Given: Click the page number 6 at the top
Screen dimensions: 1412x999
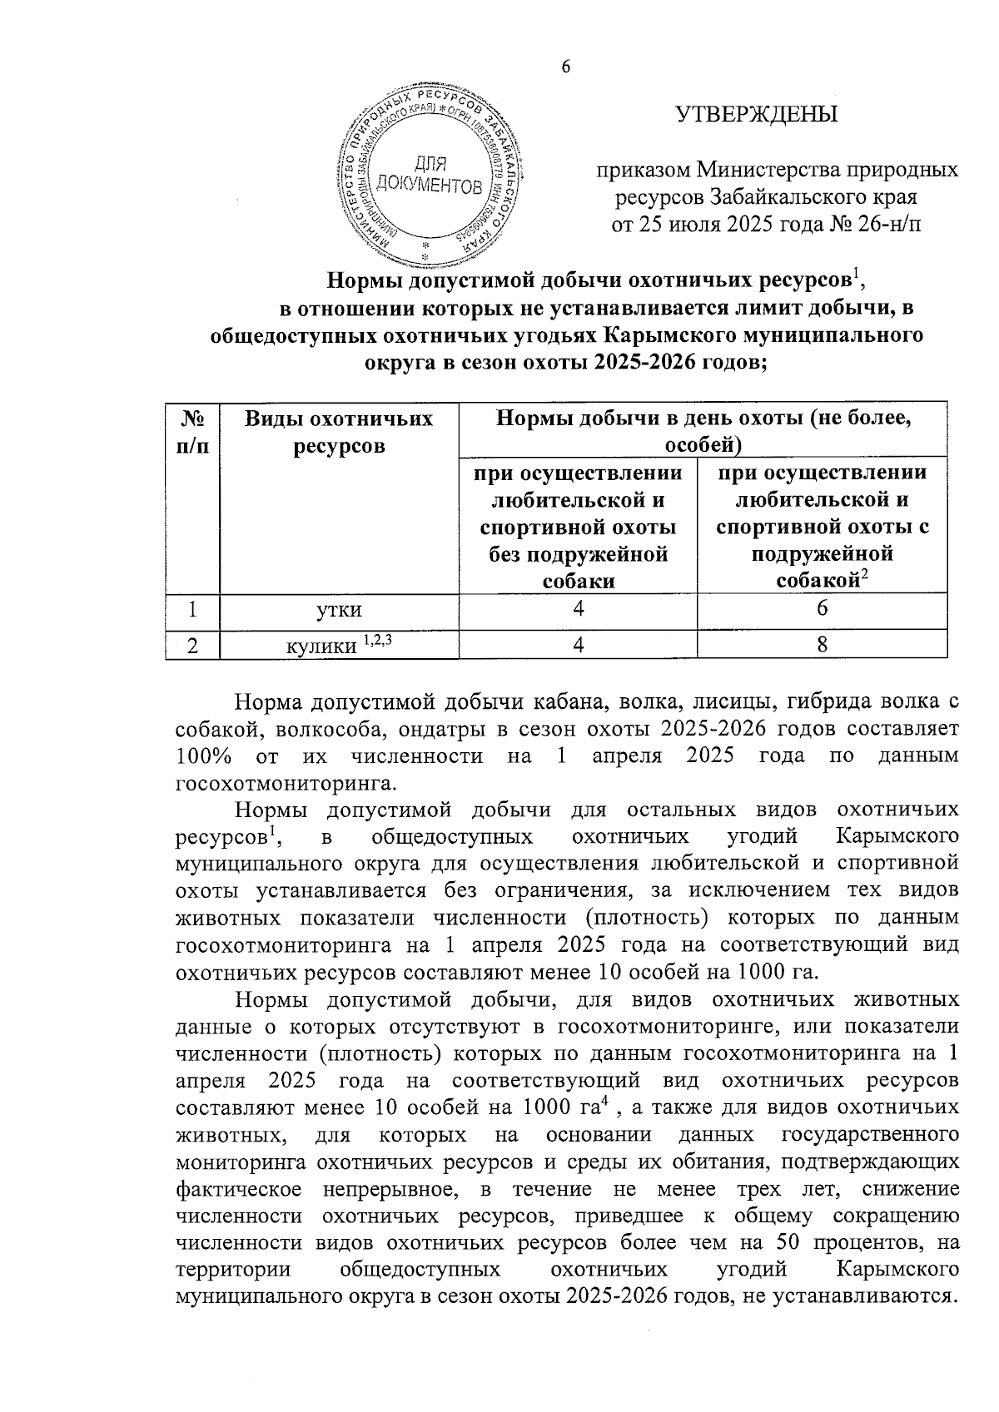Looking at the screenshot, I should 566,68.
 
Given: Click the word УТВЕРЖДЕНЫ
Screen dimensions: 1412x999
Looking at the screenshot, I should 756,115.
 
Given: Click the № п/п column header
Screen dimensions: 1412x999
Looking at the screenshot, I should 191,431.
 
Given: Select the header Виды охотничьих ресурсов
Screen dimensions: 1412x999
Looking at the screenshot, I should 339,431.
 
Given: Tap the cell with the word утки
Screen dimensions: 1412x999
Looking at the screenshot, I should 339,610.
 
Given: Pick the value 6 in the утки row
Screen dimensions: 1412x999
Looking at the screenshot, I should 822,610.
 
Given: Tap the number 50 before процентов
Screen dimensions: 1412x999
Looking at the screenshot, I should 789,1243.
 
